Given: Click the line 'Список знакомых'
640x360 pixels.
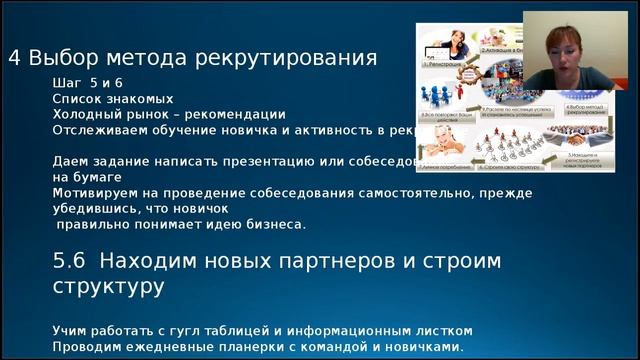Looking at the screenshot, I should pyautogui.click(x=113, y=99).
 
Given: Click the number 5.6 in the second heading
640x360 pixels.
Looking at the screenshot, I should pyautogui.click(x=71, y=261).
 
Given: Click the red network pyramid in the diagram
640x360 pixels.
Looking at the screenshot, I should pyautogui.click(x=499, y=148).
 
